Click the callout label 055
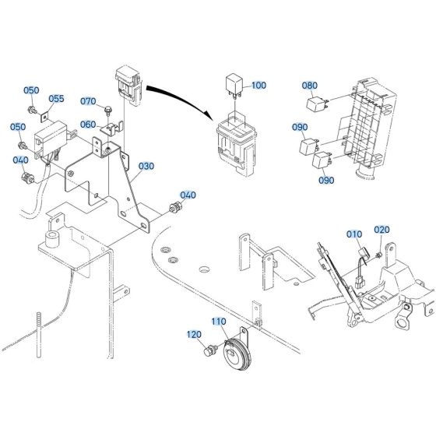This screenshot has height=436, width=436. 57,99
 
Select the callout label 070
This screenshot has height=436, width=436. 88,101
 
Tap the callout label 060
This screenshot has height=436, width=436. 88,125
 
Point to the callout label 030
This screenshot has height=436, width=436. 146,167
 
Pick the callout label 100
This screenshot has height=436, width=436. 258,85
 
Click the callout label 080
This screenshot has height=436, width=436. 310,86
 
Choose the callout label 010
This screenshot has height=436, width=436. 354,234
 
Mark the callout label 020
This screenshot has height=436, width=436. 381,230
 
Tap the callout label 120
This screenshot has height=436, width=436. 192,334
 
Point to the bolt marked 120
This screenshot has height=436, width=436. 209,353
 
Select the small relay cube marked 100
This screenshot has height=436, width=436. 233,83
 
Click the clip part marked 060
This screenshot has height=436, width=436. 111,128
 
